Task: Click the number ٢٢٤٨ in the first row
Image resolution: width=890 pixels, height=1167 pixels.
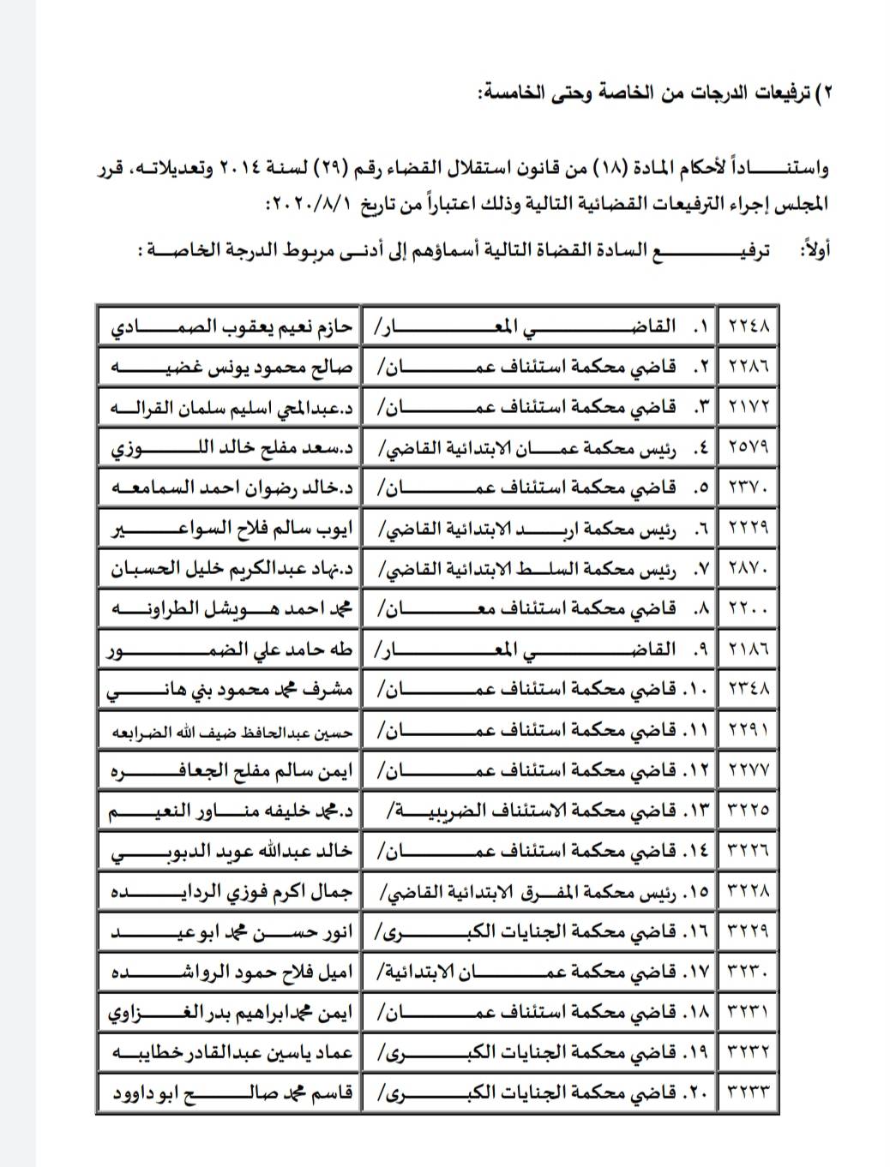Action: pyautogui.click(x=749, y=326)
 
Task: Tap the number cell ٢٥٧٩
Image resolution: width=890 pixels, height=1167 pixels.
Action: pyautogui.click(x=749, y=446)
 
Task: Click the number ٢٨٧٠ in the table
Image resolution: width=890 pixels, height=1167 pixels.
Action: pyautogui.click(x=749, y=568)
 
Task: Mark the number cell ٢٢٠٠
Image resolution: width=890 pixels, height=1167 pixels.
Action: pyautogui.click(x=749, y=608)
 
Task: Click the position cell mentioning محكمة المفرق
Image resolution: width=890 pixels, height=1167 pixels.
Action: pyautogui.click(x=540, y=891)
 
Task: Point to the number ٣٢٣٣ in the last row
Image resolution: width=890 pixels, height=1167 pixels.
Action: pyautogui.click(x=749, y=1093)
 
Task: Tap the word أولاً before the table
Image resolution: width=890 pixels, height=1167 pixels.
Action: pyautogui.click(x=814, y=250)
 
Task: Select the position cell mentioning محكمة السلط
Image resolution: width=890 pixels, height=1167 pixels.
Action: pyautogui.click(x=540, y=568)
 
